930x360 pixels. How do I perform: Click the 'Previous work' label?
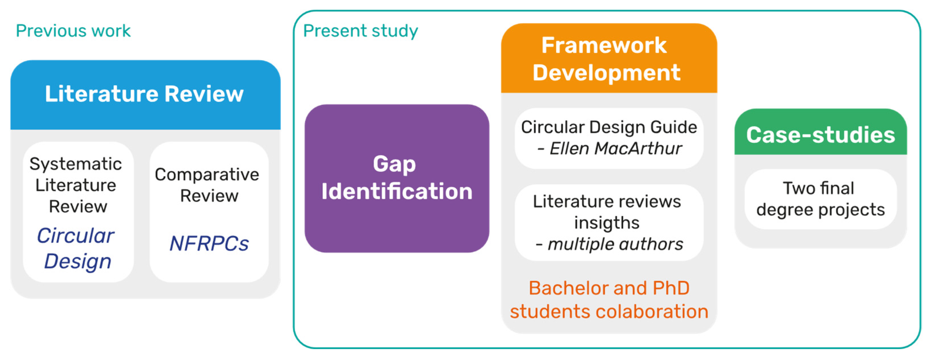coord(73,31)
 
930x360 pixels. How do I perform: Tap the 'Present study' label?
coord(360,31)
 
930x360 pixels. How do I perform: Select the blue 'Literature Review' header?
coord(145,95)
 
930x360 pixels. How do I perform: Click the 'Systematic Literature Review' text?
coord(76,185)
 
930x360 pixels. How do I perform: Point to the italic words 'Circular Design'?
coord(76,248)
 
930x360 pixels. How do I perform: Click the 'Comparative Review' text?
coord(207,185)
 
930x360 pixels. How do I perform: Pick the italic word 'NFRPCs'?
coord(209,244)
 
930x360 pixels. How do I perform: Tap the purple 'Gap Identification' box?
coord(397,178)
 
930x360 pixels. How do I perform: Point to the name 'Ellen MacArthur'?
coord(616,148)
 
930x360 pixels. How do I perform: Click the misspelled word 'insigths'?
coord(607,223)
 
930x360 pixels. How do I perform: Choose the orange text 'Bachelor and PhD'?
coord(609,288)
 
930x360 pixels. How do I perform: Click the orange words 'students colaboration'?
coord(609,311)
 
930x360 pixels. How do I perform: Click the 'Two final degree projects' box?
coord(821,199)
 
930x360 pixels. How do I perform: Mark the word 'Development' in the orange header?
coord(607,72)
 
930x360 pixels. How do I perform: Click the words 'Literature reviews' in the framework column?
coord(607,201)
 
